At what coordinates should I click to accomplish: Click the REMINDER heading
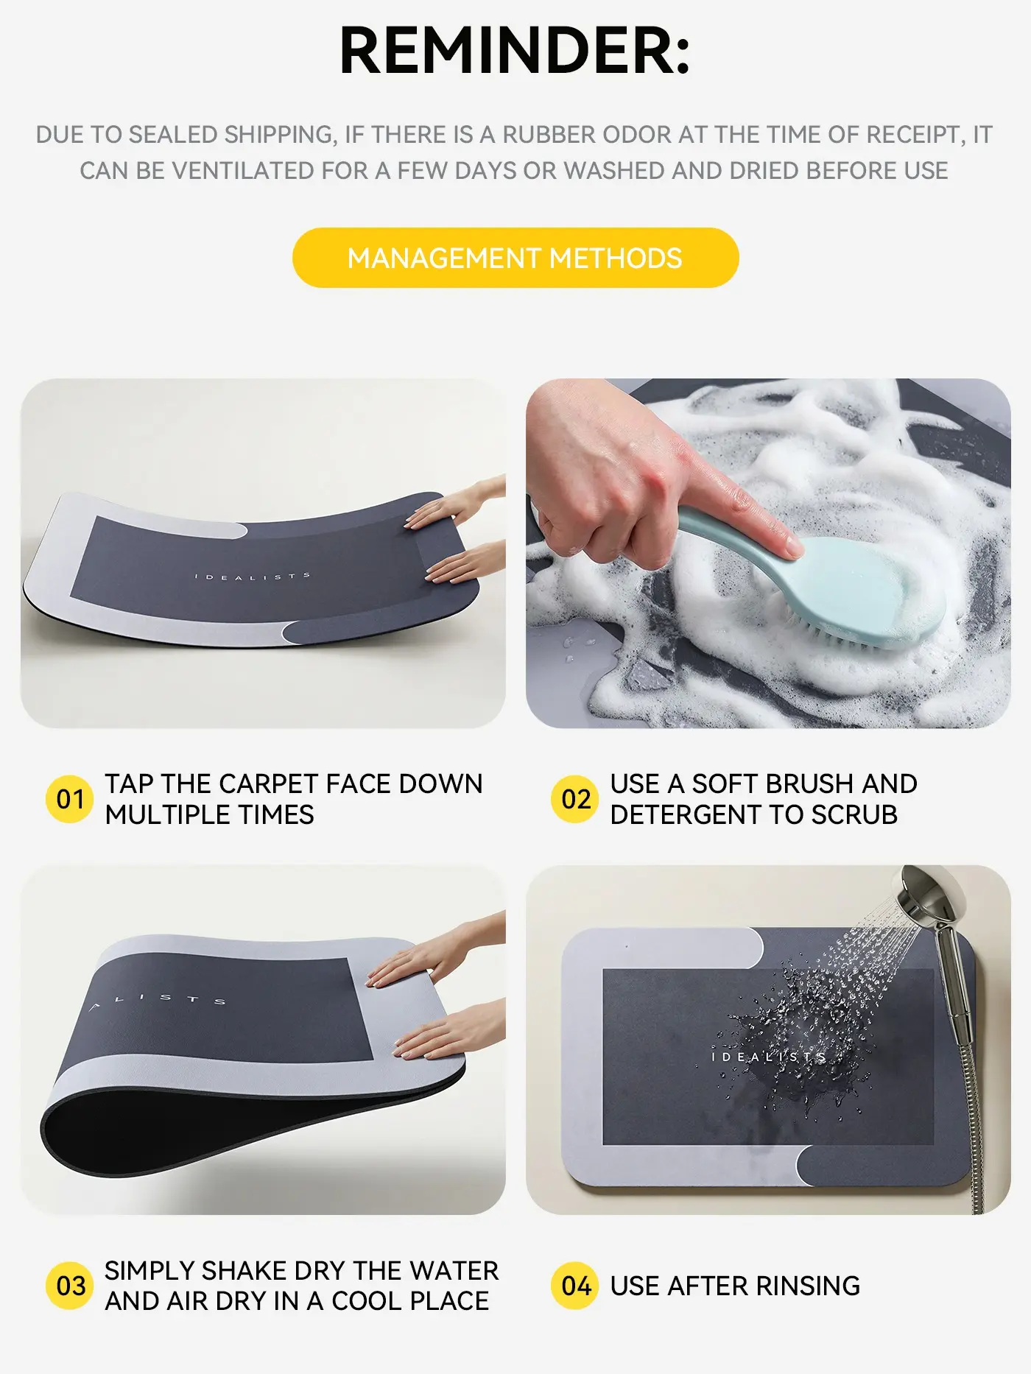515,50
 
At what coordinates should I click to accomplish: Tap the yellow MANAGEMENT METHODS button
515,258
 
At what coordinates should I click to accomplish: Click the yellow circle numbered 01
70,799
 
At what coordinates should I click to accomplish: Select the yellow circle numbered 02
575,799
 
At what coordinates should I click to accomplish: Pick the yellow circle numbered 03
70,1286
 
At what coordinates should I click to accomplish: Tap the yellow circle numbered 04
575,1286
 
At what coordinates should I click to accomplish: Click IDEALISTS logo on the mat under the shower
769,1057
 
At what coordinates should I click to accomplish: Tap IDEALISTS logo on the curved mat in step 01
252,577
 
